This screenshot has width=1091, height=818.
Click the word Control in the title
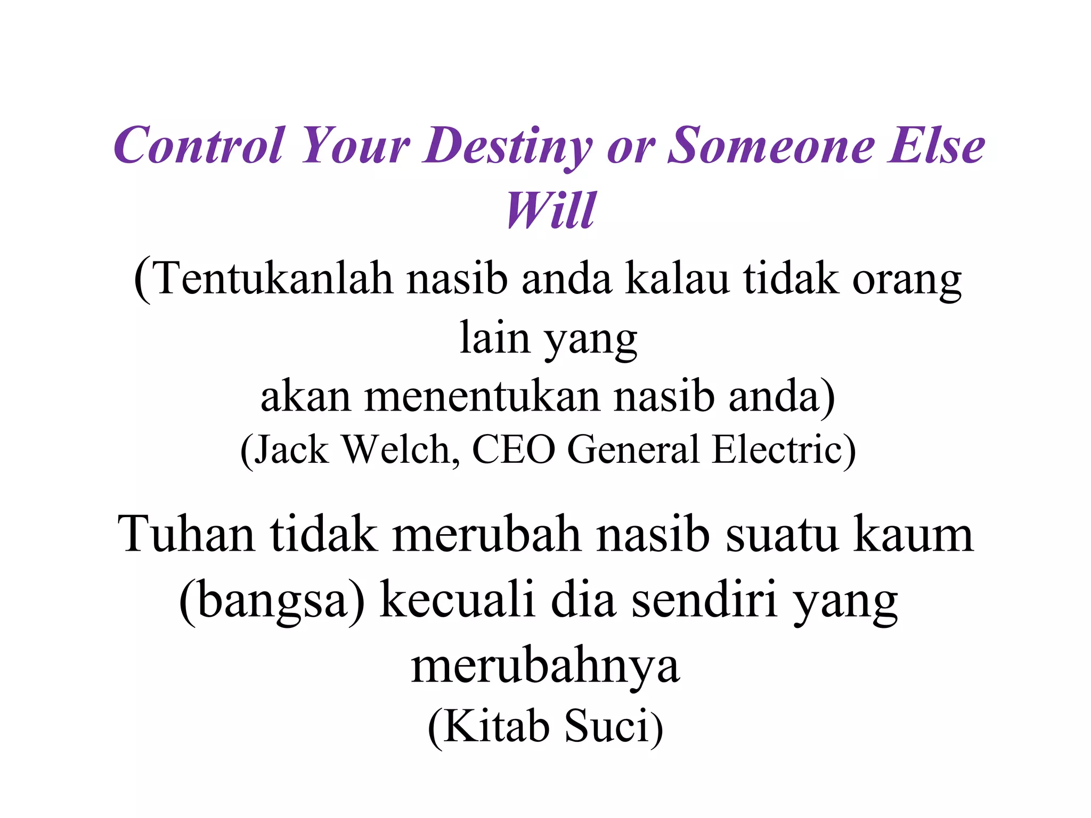198,145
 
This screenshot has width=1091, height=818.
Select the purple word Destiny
507,146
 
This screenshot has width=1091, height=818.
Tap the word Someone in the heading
770,145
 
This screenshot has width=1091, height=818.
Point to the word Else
936,145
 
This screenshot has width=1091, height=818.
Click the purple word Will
551,210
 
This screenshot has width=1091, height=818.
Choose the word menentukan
482,396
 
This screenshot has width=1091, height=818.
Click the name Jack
291,450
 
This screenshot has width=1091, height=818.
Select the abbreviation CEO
514,450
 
